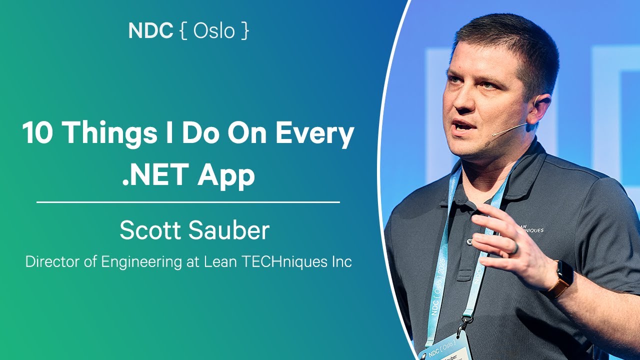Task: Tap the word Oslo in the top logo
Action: [x=214, y=31]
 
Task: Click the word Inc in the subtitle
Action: [x=342, y=262]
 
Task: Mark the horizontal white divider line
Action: [x=188, y=202]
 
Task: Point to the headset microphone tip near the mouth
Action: [x=494, y=134]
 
